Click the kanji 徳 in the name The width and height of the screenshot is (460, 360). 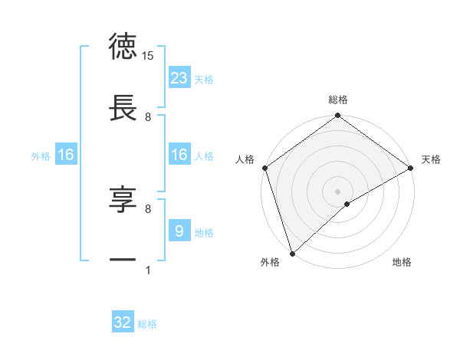[123, 47]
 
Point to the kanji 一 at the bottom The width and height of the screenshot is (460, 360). [123, 261]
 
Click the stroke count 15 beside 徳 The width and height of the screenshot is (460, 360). [148, 55]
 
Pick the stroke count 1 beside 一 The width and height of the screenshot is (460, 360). [148, 270]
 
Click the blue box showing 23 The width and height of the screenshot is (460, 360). [179, 78]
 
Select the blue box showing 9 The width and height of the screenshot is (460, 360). [179, 231]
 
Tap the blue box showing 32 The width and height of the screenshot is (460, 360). [123, 322]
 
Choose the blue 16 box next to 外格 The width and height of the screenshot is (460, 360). [65, 155]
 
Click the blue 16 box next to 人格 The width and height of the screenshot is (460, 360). [179, 155]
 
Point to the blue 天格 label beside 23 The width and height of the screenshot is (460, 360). [204, 80]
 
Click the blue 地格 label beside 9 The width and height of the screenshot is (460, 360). [204, 233]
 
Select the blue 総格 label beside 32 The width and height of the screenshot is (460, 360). [147, 324]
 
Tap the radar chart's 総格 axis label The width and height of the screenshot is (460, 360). [338, 100]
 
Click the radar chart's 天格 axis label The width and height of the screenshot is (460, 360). [432, 159]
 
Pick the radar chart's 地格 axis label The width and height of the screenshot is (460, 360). [402, 263]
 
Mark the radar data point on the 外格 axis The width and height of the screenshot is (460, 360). [292, 253]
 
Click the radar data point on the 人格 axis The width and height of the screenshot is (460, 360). [264, 168]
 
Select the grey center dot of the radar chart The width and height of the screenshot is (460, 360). [338, 190]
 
